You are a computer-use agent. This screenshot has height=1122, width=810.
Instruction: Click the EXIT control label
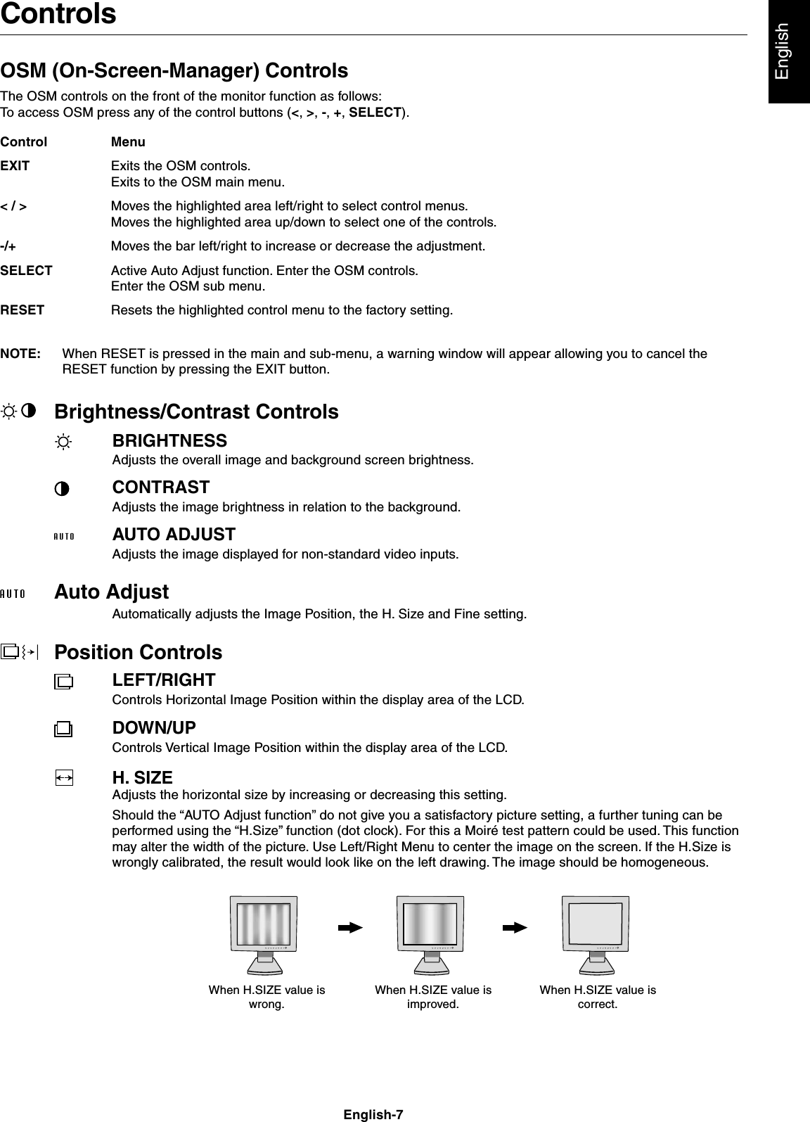click(x=15, y=167)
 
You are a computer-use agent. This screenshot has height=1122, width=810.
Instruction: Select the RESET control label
click(x=22, y=310)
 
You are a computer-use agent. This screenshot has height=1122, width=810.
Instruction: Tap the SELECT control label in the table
click(x=26, y=271)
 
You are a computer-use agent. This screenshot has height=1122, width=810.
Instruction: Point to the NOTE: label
click(x=20, y=354)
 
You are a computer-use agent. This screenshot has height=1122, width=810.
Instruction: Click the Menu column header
click(x=128, y=142)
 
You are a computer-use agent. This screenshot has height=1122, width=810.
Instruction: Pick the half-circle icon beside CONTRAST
click(x=63, y=490)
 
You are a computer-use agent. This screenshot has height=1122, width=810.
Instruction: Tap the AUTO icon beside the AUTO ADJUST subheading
click(x=64, y=537)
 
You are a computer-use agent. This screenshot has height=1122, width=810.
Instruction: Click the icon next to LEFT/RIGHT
click(x=63, y=682)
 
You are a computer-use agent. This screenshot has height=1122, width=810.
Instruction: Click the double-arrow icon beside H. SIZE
click(x=63, y=777)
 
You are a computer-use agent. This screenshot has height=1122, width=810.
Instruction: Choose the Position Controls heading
click(x=139, y=653)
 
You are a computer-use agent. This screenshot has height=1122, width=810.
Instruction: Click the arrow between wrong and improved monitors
click(x=349, y=928)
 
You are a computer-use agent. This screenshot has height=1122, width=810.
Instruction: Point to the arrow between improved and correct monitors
click(x=515, y=928)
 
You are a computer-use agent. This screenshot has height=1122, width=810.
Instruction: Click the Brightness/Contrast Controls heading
click(x=196, y=412)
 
